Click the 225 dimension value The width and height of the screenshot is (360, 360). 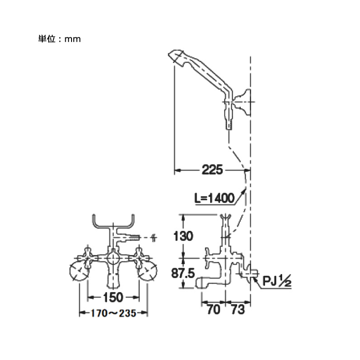click(x=212, y=170)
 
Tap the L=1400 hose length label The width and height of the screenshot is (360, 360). click(x=215, y=198)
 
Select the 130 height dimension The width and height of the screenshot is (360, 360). click(x=183, y=236)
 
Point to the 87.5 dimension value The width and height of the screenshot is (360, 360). click(x=183, y=273)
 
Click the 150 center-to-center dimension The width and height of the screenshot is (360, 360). click(x=113, y=297)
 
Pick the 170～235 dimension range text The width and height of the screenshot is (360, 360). click(x=113, y=313)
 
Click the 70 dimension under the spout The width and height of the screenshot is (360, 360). click(x=213, y=310)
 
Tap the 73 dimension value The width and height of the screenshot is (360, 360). click(x=238, y=310)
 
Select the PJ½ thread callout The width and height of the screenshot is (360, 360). click(x=277, y=280)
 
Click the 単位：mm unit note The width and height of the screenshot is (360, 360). click(x=59, y=39)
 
